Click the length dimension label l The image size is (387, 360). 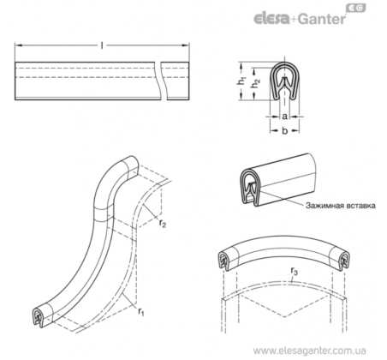coord(102,45)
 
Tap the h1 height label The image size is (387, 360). coord(241,81)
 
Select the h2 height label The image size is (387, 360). coord(256,83)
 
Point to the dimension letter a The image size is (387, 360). coord(284,117)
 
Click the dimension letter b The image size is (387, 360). coord(284,130)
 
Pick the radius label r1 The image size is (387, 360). coord(141,311)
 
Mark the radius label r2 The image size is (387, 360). coord(163,223)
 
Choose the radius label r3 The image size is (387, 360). coord(294,271)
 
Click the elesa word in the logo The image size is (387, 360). coord(271,18)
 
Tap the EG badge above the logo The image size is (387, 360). coord(356,9)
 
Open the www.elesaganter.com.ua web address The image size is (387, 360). coord(310,351)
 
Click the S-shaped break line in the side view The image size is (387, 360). coord(158,81)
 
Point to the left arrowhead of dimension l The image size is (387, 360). coord(18,45)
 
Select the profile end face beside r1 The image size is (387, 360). coord(39,317)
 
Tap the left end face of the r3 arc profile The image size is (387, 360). coord(224,260)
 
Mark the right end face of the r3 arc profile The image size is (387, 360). coord(343,260)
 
